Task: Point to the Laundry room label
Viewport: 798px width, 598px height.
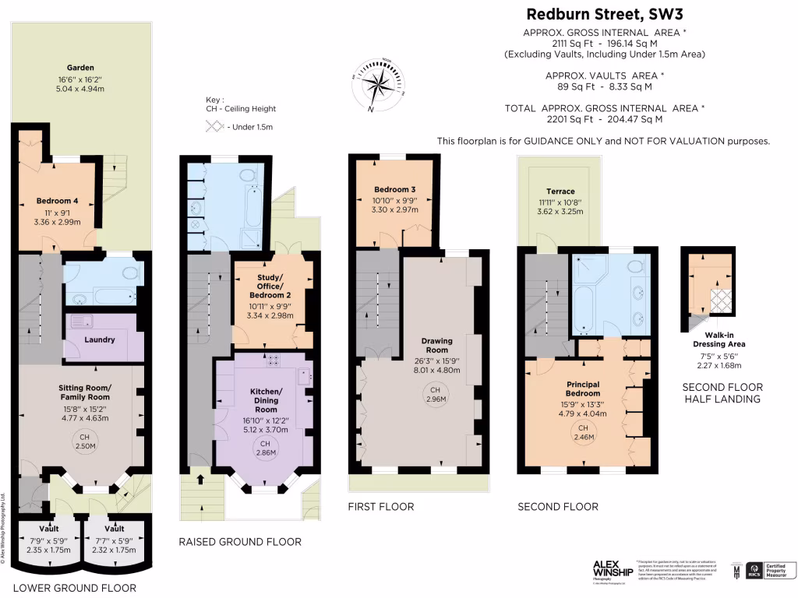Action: coord(100,339)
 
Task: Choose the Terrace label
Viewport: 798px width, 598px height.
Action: coord(560,192)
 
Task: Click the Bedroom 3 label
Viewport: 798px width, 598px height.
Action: coord(395,190)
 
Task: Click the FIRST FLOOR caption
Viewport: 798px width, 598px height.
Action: coord(380,507)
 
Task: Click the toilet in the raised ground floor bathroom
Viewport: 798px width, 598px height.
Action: coord(248,174)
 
